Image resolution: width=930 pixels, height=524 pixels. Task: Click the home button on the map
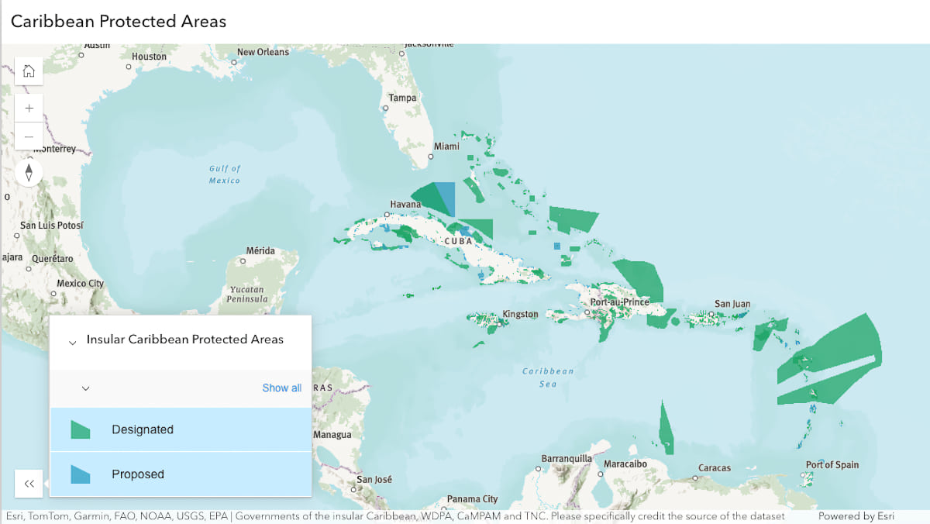[29, 71]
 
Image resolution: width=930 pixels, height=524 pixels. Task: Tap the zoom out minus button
[29, 136]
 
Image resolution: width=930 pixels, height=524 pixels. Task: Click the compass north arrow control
[29, 172]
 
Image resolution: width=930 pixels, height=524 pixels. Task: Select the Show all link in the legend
[281, 388]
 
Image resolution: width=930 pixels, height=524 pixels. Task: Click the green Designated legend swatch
[81, 429]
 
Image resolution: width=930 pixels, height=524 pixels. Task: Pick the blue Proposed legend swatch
[81, 474]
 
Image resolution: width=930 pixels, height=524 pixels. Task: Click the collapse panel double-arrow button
[29, 484]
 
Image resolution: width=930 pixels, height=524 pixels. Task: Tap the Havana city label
[405, 205]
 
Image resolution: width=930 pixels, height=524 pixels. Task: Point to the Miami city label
[446, 147]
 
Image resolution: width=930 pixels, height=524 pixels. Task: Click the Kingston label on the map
[520, 314]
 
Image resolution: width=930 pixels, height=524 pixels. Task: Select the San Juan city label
[732, 304]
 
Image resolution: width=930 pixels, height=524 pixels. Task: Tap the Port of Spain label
[832, 465]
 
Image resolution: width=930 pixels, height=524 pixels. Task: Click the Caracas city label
[714, 468]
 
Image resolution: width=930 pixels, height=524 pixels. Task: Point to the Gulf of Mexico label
[225, 174]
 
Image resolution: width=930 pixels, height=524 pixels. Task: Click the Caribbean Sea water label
[548, 377]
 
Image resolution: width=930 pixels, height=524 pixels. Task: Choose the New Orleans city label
[263, 52]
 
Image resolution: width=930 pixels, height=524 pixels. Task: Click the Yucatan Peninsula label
[247, 294]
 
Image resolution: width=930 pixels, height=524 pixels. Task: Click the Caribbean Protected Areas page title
[119, 21]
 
